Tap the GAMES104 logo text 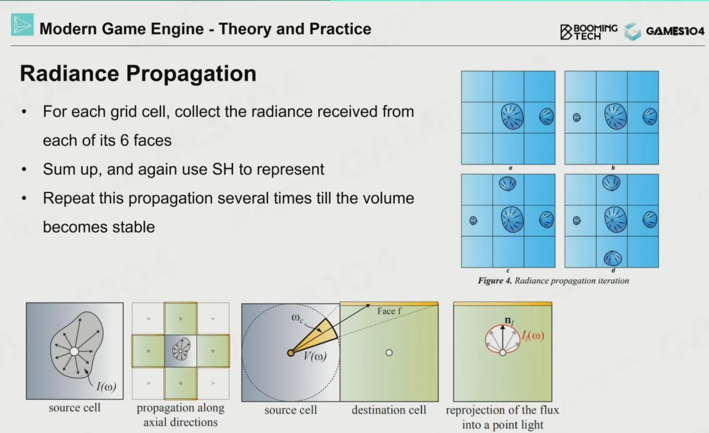[675, 31]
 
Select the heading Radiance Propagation [138, 73]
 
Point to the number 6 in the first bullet [124, 140]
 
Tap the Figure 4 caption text [554, 281]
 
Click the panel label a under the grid [510, 168]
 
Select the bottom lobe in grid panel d [612, 258]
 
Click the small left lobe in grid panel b [577, 117]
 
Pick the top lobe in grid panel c [508, 184]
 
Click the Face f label [389, 311]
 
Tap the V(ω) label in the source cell [315, 356]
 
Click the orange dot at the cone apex [291, 353]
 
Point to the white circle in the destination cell [389, 353]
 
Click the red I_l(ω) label [533, 336]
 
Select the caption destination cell [389, 410]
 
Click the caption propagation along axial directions [181, 415]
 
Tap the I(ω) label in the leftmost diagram [106, 386]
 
